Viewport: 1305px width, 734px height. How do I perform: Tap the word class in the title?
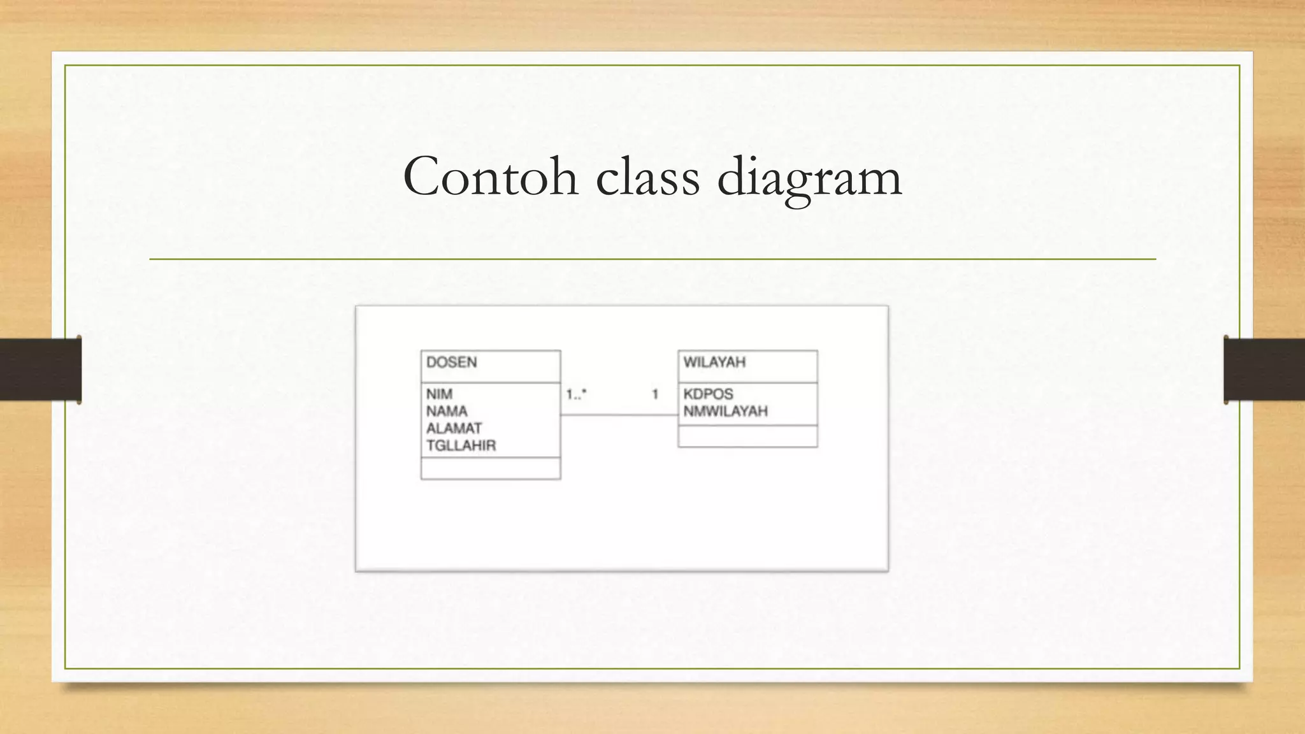[x=647, y=176]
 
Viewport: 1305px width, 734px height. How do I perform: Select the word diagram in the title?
[x=809, y=178]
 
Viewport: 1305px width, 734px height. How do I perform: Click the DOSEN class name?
[x=452, y=363]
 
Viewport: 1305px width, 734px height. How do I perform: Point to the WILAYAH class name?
[x=714, y=363]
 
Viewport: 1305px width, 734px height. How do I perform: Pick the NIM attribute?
[x=440, y=394]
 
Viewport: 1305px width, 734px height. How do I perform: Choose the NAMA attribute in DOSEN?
[x=447, y=412]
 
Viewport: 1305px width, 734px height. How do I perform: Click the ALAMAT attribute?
[x=454, y=429]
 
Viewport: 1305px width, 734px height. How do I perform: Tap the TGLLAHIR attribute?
[x=461, y=446]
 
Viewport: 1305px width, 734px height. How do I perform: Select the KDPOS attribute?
[x=708, y=394]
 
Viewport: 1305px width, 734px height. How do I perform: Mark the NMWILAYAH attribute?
[x=725, y=412]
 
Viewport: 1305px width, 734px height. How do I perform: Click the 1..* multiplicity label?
[x=576, y=395]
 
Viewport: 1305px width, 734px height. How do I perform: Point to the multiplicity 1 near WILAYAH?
[x=655, y=395]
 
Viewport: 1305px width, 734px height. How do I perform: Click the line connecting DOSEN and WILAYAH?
[x=619, y=415]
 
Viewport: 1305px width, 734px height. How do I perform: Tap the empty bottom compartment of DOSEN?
[x=491, y=468]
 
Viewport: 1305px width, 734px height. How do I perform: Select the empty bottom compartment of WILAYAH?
[x=747, y=436]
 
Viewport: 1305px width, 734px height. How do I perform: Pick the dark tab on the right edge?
[x=1264, y=370]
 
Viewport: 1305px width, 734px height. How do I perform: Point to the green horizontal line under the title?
[x=652, y=259]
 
